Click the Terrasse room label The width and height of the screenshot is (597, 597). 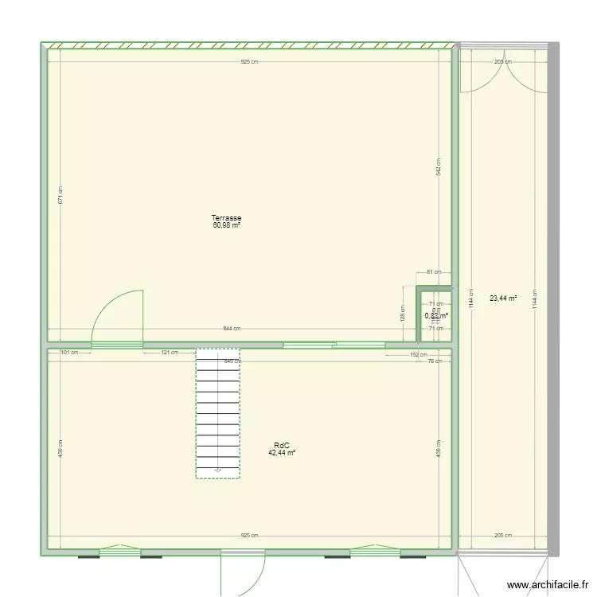226,218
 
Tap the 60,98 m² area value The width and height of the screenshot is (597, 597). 226,225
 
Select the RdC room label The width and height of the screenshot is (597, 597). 282,446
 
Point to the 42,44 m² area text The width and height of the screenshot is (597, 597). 282,453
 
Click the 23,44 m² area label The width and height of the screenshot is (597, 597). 503,298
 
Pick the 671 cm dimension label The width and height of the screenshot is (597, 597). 60,196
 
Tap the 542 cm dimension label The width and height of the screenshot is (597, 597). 438,166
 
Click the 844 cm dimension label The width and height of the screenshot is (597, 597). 232,329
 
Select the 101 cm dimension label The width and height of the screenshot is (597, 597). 69,353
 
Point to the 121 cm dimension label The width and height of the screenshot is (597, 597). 170,353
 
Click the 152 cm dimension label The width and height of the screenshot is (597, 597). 415,355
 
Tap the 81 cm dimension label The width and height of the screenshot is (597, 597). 433,272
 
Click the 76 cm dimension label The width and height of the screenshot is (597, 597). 435,361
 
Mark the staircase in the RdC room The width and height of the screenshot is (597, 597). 218,414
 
